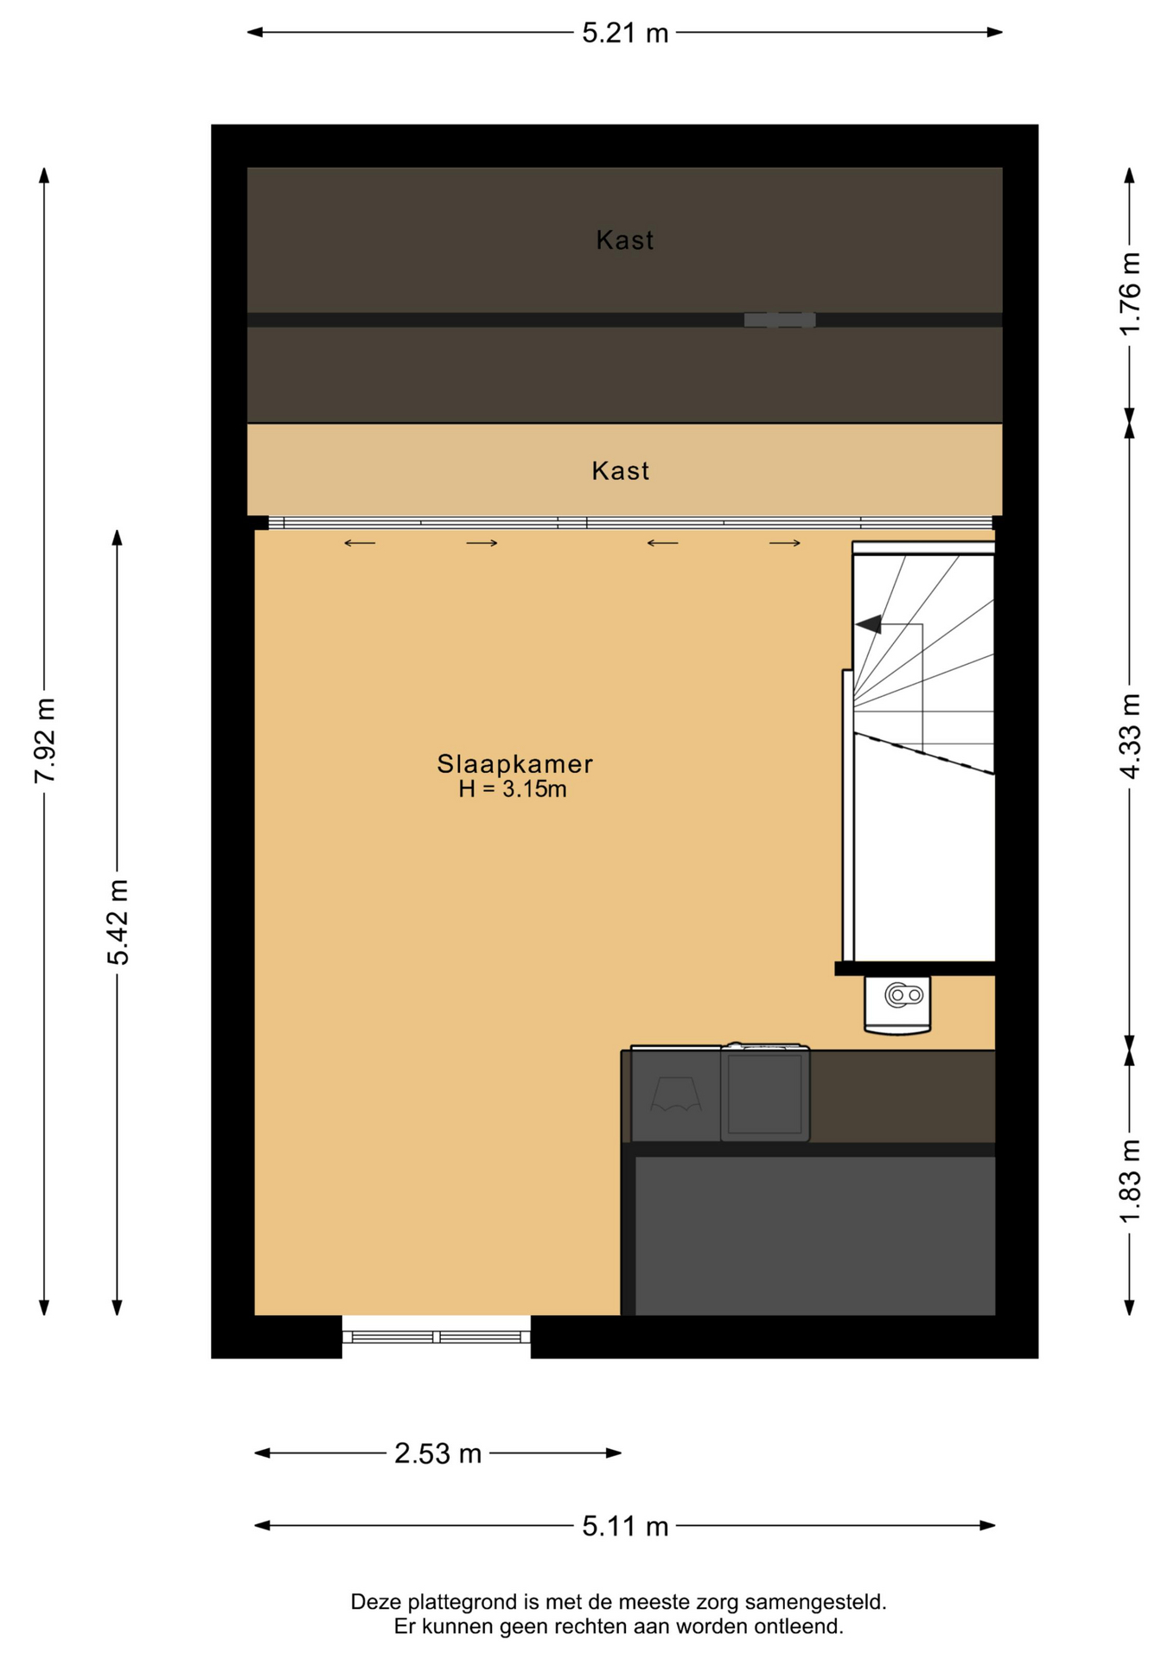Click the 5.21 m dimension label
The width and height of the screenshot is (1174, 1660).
pyautogui.click(x=625, y=33)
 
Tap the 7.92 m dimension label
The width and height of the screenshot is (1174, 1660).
pyautogui.click(x=45, y=741)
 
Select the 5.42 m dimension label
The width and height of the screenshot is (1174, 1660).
pyautogui.click(x=118, y=922)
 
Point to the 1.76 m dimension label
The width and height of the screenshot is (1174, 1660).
pyautogui.click(x=1130, y=294)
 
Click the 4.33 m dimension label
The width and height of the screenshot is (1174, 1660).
pyautogui.click(x=1130, y=736)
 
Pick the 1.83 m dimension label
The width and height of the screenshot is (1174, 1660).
pyautogui.click(x=1130, y=1181)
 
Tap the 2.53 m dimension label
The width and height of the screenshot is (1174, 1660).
pyautogui.click(x=437, y=1453)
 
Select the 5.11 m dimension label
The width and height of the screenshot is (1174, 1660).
pyautogui.click(x=625, y=1526)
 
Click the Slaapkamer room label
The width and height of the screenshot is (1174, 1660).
pyautogui.click(x=514, y=764)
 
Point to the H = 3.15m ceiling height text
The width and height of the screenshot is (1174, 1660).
pyautogui.click(x=513, y=788)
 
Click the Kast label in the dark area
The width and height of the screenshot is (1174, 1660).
pyautogui.click(x=624, y=240)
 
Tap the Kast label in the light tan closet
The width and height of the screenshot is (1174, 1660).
pyautogui.click(x=620, y=471)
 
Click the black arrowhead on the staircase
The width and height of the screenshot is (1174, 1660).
pyautogui.click(x=869, y=623)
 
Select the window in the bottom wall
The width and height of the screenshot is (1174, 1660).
pyautogui.click(x=437, y=1337)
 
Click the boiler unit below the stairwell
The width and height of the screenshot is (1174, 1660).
pyautogui.click(x=897, y=1005)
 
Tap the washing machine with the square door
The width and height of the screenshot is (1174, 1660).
pyautogui.click(x=765, y=1093)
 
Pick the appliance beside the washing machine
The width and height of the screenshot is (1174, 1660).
pyautogui.click(x=676, y=1094)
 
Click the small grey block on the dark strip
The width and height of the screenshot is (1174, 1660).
pyautogui.click(x=780, y=320)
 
